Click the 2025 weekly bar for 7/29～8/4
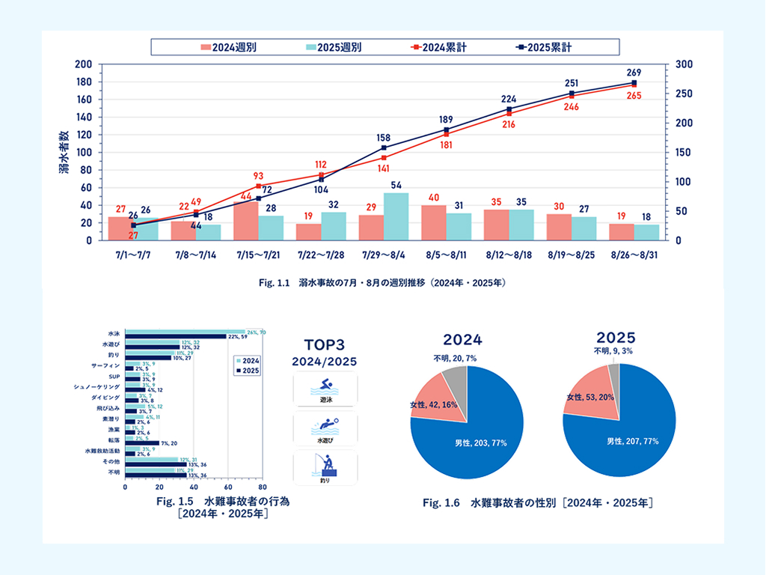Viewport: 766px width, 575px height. pyautogui.click(x=396, y=216)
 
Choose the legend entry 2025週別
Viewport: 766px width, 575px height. pyautogui.click(x=332, y=47)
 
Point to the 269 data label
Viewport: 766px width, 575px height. pyautogui.click(x=634, y=73)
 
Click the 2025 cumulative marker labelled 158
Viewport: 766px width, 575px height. pyautogui.click(x=384, y=147)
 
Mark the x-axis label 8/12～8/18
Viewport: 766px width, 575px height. pyautogui.click(x=509, y=255)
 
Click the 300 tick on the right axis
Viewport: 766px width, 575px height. pyautogui.click(x=682, y=64)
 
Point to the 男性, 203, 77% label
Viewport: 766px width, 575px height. pyautogui.click(x=481, y=442)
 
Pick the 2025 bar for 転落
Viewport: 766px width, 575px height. pyautogui.click(x=142, y=442)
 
